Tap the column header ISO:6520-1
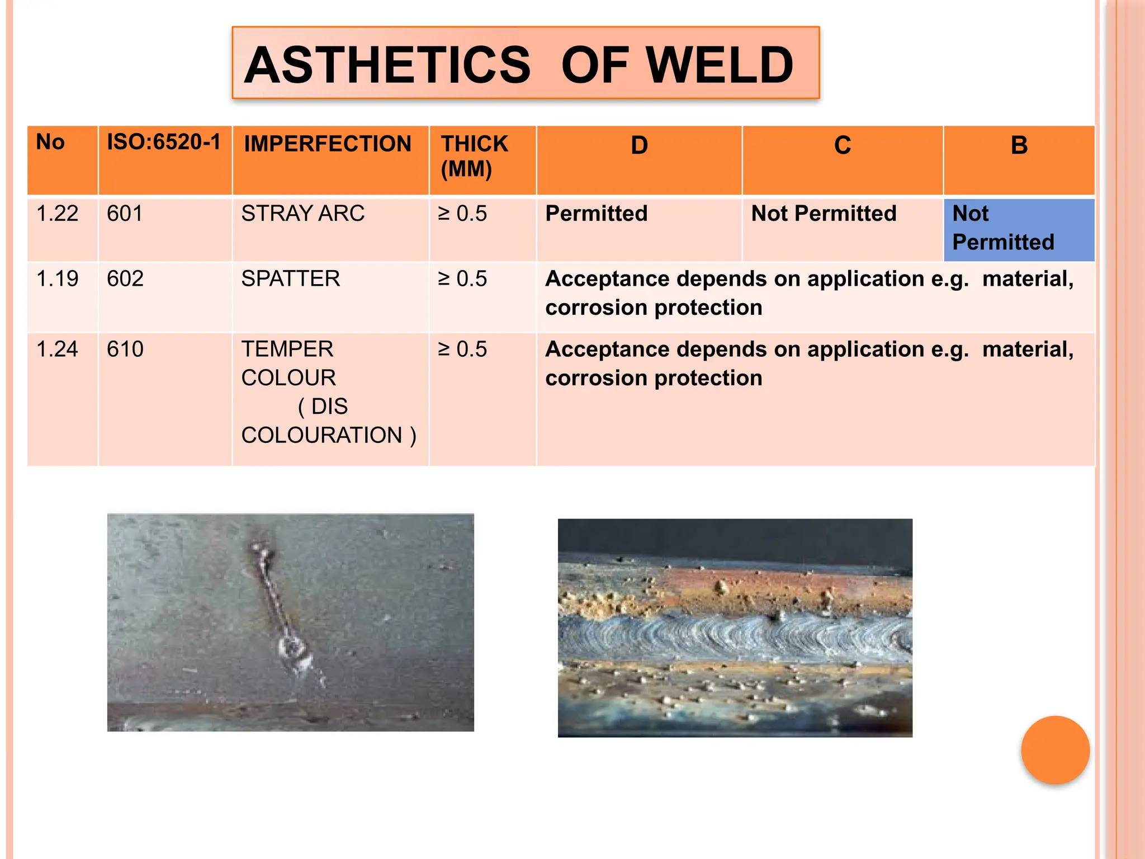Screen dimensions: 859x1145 click(163, 142)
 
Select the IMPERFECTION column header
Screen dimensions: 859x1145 click(328, 144)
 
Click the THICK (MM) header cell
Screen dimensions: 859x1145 click(474, 156)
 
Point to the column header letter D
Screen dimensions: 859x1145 click(639, 145)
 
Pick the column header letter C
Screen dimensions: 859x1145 click(843, 145)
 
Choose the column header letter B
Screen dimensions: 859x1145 click(1019, 145)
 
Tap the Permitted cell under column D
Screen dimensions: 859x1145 click(596, 214)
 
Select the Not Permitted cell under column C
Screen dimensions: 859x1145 click(824, 214)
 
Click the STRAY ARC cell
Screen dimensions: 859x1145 click(302, 214)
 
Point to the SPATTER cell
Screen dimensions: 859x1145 click(290, 279)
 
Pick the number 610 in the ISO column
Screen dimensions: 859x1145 click(125, 350)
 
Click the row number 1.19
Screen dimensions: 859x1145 click(57, 279)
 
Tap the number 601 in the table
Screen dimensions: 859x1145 click(125, 214)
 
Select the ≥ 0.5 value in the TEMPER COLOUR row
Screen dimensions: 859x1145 click(462, 350)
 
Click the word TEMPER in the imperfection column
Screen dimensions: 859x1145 click(287, 350)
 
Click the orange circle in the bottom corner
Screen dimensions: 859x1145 click(1055, 750)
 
